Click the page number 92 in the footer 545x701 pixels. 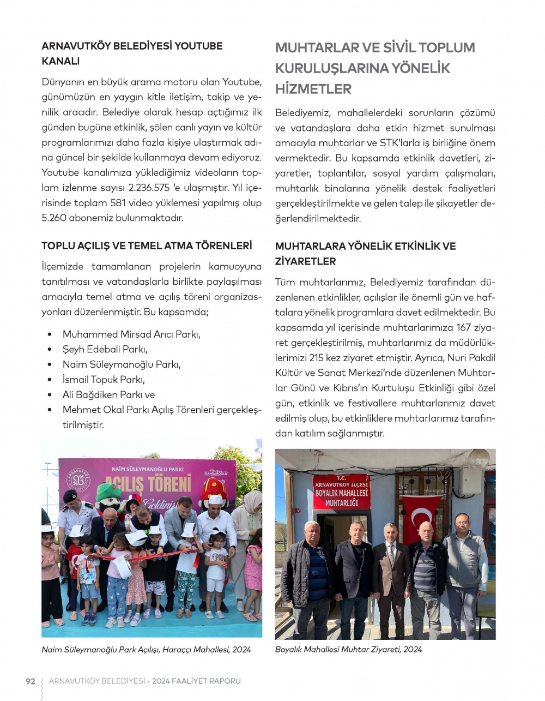[31, 681]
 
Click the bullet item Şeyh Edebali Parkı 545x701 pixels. [105, 349]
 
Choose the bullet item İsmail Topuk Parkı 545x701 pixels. [104, 380]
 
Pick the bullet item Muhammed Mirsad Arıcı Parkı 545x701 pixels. [131, 334]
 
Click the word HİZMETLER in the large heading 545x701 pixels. [313, 89]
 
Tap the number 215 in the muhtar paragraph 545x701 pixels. [316, 358]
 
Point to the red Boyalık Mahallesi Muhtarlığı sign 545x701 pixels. [341, 492]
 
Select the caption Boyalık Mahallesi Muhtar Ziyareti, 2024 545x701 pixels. [348, 649]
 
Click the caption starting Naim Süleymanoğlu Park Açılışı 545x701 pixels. [146, 650]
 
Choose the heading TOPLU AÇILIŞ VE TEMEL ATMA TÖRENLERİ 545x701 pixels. [147, 246]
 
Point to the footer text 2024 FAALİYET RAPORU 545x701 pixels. [196, 681]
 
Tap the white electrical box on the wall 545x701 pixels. [470, 480]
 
